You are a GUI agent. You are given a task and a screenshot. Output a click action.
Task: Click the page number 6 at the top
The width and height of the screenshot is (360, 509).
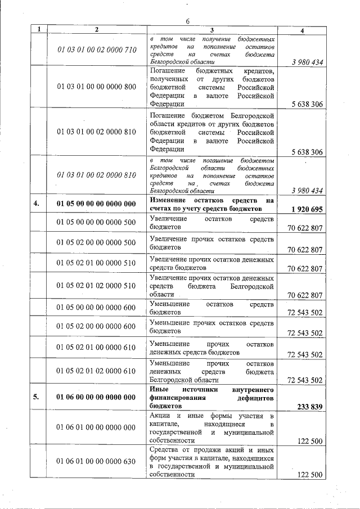(x=188, y=21)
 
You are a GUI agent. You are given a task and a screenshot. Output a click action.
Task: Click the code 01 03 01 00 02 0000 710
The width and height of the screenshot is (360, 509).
(x=97, y=49)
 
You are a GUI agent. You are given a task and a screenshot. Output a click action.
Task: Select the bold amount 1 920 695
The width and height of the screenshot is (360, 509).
(x=307, y=209)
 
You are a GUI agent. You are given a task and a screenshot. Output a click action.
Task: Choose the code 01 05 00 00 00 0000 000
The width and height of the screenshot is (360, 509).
(x=97, y=204)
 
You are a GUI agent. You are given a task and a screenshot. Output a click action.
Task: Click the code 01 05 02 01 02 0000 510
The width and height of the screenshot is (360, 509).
(x=97, y=286)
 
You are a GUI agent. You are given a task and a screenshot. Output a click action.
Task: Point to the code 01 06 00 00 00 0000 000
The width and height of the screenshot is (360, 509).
(x=97, y=397)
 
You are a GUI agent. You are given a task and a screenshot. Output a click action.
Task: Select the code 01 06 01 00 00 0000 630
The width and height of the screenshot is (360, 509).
(x=97, y=462)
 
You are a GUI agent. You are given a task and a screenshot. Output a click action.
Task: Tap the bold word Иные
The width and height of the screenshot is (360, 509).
(x=159, y=389)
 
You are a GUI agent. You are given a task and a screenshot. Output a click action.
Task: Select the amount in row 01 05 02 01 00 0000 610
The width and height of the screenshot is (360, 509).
(x=304, y=355)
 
